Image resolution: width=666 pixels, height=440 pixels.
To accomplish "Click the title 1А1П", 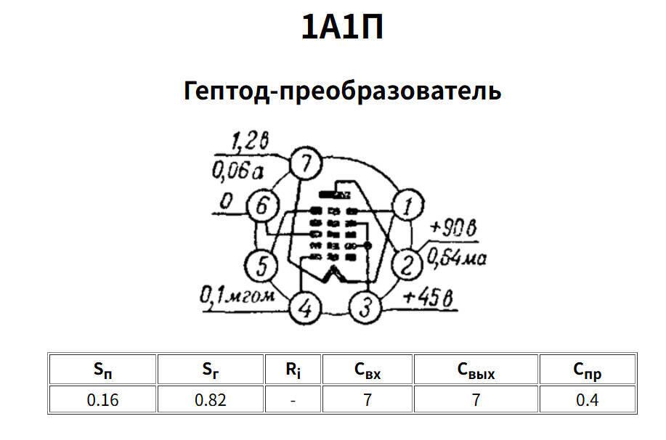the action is click(342, 28).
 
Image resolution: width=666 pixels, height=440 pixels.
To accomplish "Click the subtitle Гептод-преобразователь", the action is click(343, 91).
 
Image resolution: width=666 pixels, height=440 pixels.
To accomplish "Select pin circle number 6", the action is click(261, 207).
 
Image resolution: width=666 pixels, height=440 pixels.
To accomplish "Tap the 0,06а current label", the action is click(236, 171).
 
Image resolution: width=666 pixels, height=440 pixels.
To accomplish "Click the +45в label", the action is click(429, 296).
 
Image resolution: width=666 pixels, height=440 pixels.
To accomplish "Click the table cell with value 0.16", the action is click(102, 400).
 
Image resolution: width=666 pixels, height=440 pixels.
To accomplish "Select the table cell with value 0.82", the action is click(211, 400).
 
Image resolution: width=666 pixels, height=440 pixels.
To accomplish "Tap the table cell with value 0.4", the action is click(587, 400).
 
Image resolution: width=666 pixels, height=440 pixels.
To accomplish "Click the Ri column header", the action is click(292, 370).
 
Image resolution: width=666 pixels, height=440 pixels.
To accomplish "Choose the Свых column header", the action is click(476, 370).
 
